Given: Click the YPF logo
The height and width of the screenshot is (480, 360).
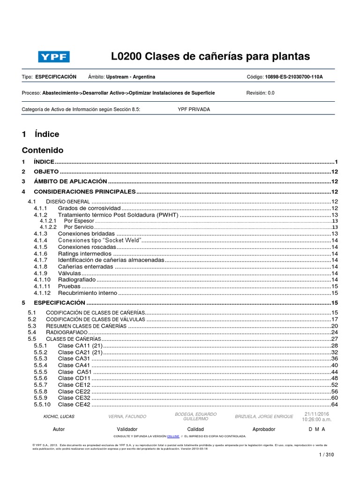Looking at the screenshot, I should (54, 57).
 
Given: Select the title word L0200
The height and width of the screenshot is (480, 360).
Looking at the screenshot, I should (127, 57).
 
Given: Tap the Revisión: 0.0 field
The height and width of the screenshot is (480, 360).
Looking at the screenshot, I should (260, 93).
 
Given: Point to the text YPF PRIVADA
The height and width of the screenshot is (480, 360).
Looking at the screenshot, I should (194, 109).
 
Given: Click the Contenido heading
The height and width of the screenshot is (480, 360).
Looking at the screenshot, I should (43, 150).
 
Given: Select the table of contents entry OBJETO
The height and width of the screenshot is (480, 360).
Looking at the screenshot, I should (46, 172).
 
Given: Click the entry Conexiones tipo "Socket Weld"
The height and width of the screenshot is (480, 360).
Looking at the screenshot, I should (99, 240).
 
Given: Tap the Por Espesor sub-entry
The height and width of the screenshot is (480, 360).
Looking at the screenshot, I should (78, 221).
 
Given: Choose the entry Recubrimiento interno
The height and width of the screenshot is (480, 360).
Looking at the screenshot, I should (87, 293).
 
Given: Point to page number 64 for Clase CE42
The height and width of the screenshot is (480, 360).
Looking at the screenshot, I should (334, 405).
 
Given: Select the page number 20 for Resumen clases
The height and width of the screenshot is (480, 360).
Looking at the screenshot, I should (334, 326).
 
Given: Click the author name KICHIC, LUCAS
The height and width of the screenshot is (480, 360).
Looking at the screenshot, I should (59, 417).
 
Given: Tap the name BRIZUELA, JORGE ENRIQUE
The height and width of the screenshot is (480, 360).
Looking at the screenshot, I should (264, 417).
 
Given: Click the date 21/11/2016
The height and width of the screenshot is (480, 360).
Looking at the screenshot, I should (317, 414).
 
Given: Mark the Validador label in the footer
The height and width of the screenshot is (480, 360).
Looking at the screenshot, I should (127, 429).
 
